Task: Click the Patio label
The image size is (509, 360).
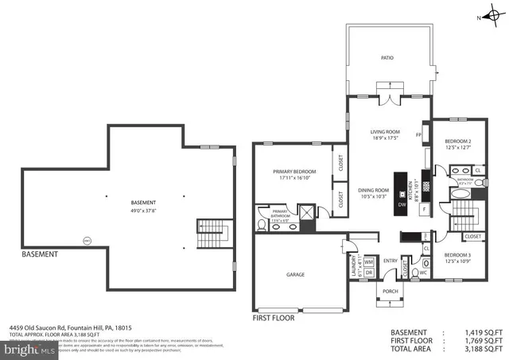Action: (x=387, y=58)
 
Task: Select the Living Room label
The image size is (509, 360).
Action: (x=385, y=132)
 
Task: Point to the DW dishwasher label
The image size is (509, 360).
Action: (x=402, y=206)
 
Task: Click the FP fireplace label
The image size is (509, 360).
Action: (x=418, y=135)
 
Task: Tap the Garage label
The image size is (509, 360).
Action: (x=296, y=274)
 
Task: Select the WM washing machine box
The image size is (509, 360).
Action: (x=369, y=261)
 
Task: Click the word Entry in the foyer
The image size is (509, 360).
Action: (x=390, y=261)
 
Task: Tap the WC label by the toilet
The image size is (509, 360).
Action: (x=423, y=271)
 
